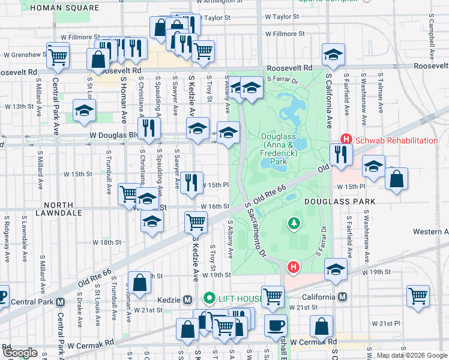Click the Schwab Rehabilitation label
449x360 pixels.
pyautogui.click(x=396, y=140)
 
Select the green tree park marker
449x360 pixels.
pyautogui.click(x=294, y=224)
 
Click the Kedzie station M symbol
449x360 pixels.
pyautogui.click(x=187, y=299)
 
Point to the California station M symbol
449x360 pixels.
pyautogui.click(x=343, y=297)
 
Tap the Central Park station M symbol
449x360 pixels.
pyautogui.click(x=59, y=301)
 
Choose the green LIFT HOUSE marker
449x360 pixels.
pyautogui.click(x=209, y=298)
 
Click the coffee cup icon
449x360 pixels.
pyautogui.click(x=276, y=325)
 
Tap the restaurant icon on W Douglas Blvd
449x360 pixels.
pyautogui.click(x=148, y=127)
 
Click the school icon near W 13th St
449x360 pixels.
pyautogui.click(x=85, y=110)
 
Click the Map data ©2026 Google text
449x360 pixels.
pyautogui.click(x=411, y=355)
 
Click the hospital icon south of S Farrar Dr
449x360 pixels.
pyautogui.click(x=293, y=266)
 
